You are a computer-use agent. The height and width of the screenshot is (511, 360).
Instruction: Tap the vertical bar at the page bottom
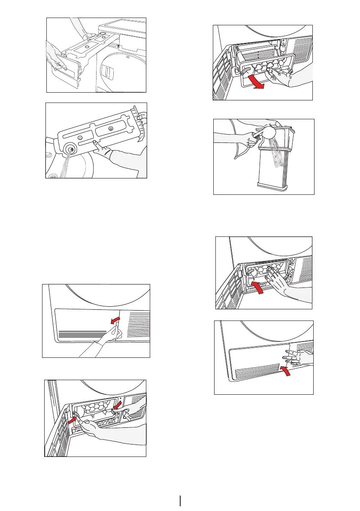[180, 501]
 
